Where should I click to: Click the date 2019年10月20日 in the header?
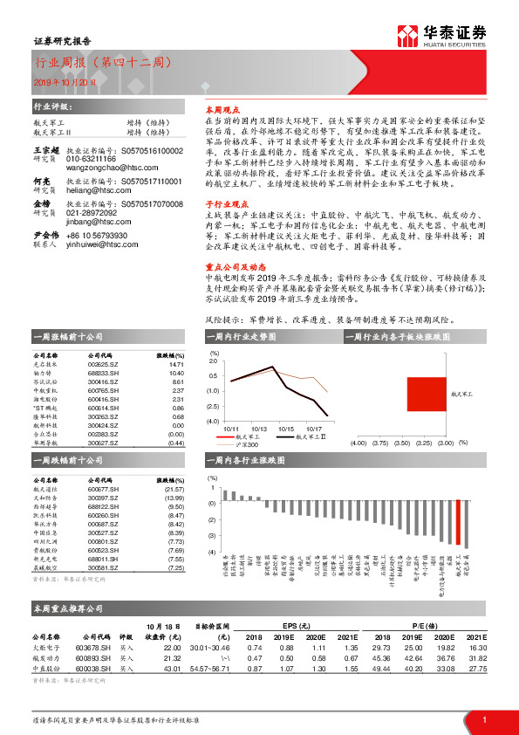62,82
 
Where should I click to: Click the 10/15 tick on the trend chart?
286,429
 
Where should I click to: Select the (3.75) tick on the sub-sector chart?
380,443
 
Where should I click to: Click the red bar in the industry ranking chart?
459,524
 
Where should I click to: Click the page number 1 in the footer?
483,718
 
